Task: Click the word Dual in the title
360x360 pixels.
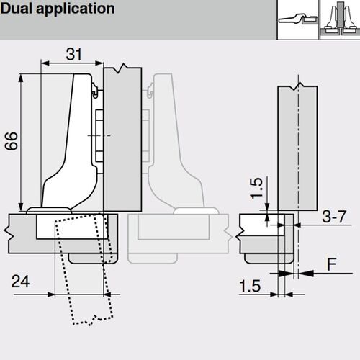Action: coord(17,9)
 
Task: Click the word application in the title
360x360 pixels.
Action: coord(76,9)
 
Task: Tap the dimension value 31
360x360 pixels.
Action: coord(74,54)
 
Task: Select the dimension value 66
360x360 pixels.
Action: coord(12,141)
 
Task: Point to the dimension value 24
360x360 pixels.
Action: coord(20,282)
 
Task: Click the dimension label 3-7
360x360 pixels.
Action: coord(334,216)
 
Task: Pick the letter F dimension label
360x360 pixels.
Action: coord(332,264)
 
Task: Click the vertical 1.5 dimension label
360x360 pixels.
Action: coord(256,189)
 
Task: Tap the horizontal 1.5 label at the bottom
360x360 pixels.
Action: coord(250,286)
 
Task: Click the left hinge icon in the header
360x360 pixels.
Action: coord(298,19)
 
